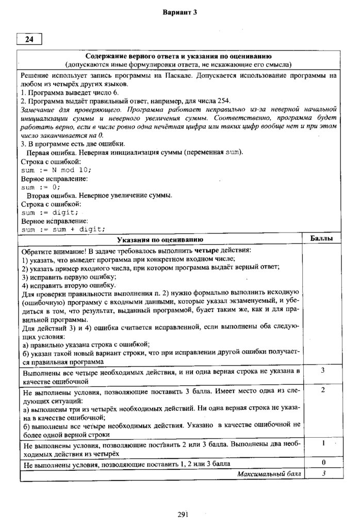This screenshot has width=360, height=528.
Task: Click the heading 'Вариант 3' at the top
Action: (x=180, y=12)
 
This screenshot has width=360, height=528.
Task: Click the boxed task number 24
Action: (x=28, y=39)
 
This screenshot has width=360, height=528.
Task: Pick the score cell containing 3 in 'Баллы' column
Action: (x=322, y=370)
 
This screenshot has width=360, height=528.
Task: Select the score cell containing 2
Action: (x=322, y=390)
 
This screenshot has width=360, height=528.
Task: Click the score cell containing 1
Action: (x=322, y=443)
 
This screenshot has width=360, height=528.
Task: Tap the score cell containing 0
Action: (x=322, y=463)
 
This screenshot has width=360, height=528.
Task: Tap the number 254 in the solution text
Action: (x=224, y=101)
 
